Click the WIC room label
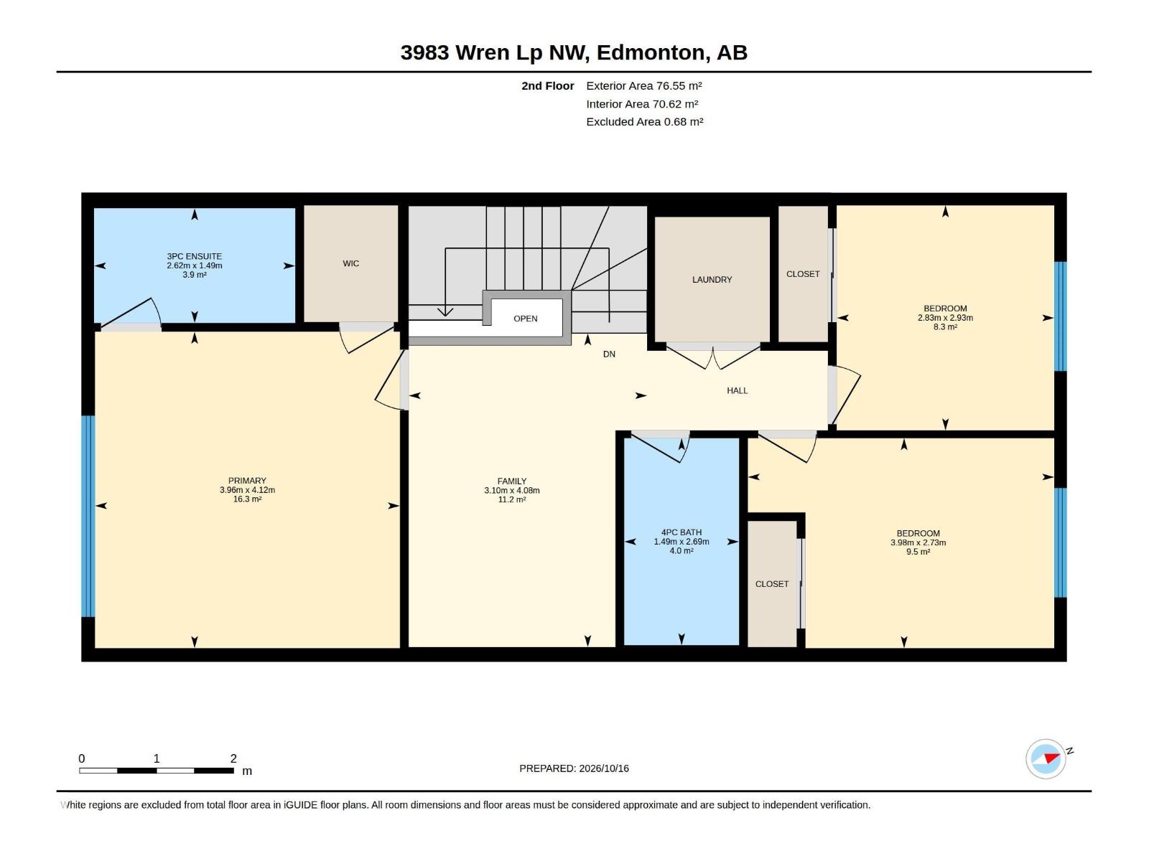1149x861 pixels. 350,263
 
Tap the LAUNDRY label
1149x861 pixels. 712,280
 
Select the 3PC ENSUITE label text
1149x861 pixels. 194,256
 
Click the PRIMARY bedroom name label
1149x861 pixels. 247,481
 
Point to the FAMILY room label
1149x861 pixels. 512,481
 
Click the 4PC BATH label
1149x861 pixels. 682,532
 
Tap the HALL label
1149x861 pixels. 737,390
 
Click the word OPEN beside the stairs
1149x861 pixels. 526,319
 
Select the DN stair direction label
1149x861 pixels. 609,354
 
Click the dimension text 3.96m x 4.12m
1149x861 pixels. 247,490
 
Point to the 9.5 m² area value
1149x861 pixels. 918,552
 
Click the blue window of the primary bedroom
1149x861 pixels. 88,517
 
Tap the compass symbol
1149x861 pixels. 1046,758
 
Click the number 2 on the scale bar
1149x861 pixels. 233,758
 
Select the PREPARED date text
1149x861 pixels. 574,768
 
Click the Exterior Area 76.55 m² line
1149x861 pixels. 644,85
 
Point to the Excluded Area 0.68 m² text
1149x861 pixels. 644,122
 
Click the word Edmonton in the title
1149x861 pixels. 650,52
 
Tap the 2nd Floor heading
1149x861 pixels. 547,85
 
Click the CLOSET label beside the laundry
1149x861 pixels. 803,274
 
